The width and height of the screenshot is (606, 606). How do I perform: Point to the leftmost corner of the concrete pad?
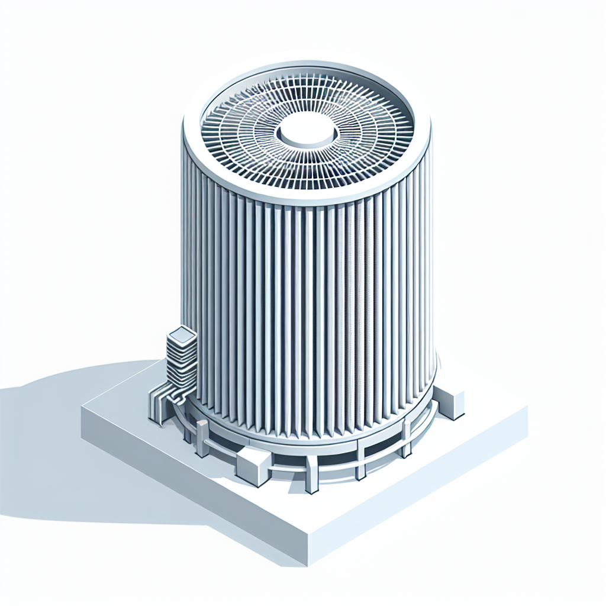click(82, 408)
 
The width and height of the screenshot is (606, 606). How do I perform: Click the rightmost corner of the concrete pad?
click(527, 408)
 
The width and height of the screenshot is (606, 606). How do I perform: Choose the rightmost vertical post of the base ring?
click(407, 438)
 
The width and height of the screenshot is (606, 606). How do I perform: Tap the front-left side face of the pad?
click(189, 491)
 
